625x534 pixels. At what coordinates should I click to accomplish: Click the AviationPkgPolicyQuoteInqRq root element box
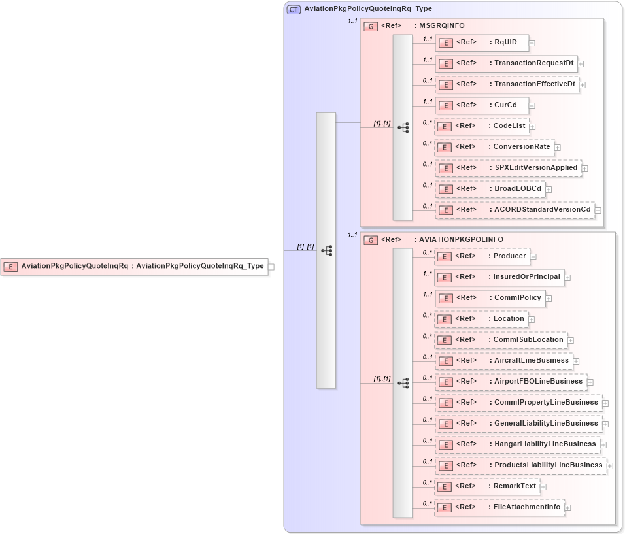click(134, 267)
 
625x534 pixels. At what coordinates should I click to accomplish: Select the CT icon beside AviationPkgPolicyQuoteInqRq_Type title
click(294, 9)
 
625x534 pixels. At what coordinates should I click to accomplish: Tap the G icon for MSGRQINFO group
click(371, 25)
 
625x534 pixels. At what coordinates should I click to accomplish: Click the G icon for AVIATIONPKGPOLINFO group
click(371, 240)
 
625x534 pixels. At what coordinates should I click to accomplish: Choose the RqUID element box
click(482, 42)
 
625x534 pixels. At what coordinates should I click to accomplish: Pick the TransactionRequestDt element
click(507, 63)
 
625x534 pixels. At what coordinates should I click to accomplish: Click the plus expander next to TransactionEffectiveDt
click(583, 85)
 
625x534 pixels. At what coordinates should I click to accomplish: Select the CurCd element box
click(482, 105)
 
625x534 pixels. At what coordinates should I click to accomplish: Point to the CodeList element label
click(509, 126)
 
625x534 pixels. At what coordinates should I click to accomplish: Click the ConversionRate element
click(494, 147)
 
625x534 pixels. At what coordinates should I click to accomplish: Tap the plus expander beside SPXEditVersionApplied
click(585, 169)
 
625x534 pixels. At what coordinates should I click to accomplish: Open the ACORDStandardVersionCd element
click(515, 210)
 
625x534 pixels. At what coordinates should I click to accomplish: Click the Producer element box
click(482, 256)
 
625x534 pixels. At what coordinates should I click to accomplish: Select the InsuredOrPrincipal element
click(499, 277)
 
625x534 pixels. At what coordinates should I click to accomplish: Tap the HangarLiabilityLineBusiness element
click(518, 444)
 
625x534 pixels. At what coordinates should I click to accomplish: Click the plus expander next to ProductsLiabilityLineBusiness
click(610, 466)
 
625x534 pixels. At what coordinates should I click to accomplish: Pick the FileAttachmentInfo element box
click(499, 507)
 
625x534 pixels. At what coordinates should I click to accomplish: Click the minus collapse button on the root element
click(271, 267)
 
